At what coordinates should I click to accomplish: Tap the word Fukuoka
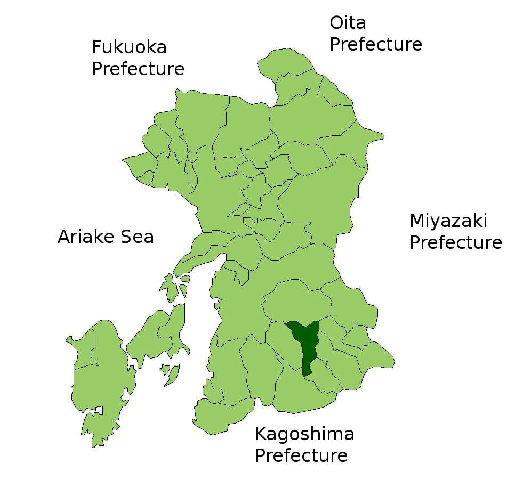tap(129, 47)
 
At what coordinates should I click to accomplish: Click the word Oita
tap(348, 23)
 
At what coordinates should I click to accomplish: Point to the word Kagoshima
tap(304, 434)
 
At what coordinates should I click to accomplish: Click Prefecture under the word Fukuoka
tap(138, 69)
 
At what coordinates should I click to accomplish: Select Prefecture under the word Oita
tap(376, 45)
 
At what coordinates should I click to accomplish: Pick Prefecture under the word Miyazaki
tap(456, 243)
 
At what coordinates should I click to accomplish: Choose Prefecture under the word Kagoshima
tap(301, 456)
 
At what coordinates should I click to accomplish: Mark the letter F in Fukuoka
tap(96, 47)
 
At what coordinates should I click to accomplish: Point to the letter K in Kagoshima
tap(260, 434)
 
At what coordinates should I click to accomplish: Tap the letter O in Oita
tap(337, 23)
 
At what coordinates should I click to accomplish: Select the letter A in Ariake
tap(64, 237)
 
